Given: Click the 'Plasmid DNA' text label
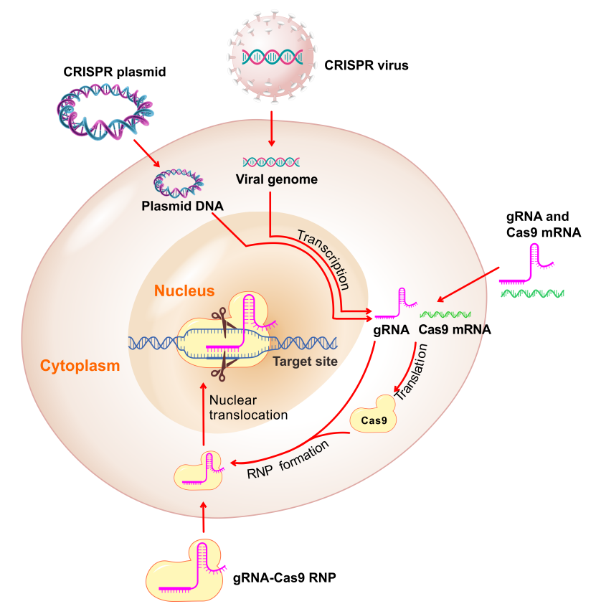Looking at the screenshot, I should [x=182, y=206].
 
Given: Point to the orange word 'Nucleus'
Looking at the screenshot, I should [x=184, y=291].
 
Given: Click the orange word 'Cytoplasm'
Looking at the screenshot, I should [x=80, y=366].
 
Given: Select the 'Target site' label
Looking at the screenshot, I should [x=305, y=361].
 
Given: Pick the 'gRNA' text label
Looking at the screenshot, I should [x=390, y=331].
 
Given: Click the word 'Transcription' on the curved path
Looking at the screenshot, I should [x=323, y=259].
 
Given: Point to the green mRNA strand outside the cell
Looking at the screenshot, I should [x=532, y=293].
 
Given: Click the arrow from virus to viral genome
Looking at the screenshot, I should [x=271, y=128].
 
